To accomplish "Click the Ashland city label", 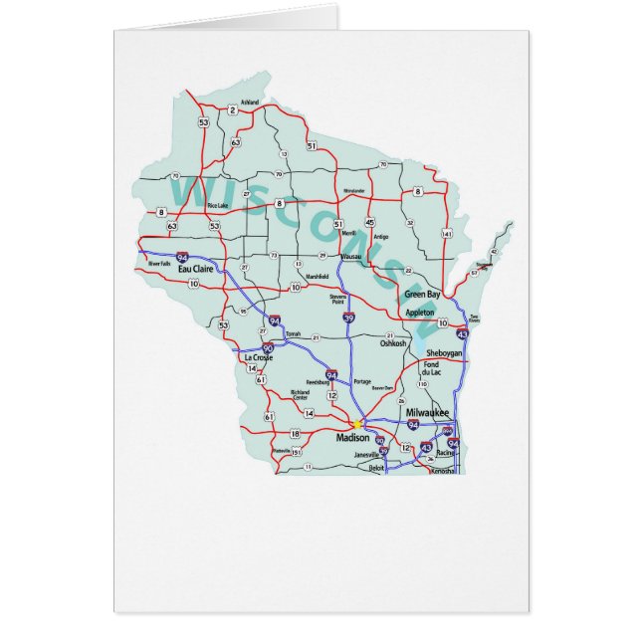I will point(250,103).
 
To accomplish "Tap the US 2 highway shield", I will point(232,109).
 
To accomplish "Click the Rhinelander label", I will point(353,190).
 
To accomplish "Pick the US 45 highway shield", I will point(370,223).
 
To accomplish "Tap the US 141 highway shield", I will point(447,234).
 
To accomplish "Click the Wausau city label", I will point(350,257).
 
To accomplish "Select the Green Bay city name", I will point(421,295).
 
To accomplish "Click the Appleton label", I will point(420,313).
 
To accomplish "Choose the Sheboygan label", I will point(445,353).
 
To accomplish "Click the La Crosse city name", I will point(257,356).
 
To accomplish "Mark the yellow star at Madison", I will point(358,424).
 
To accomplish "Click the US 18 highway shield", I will point(295,434).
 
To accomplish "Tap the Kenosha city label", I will point(442,471).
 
